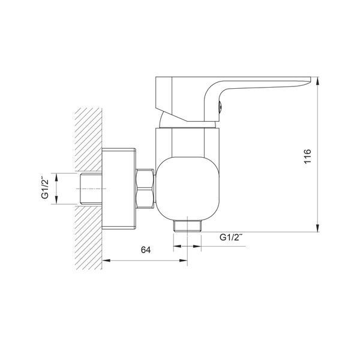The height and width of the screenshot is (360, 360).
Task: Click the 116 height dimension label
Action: (307, 157)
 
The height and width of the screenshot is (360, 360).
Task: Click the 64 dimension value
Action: (146, 250)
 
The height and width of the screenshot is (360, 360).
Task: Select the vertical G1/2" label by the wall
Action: (45, 187)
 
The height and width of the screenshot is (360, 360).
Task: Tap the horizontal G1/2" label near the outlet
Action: (231, 237)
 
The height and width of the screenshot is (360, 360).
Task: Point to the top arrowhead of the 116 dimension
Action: (317, 81)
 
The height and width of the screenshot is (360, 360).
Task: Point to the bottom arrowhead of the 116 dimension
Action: (317, 228)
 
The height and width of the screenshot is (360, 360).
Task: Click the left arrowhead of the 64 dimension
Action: (106, 260)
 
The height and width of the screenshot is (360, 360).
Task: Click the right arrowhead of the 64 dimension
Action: (183, 260)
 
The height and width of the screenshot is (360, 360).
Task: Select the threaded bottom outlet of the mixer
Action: (188, 226)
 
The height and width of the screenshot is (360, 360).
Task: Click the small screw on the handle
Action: (220, 107)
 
